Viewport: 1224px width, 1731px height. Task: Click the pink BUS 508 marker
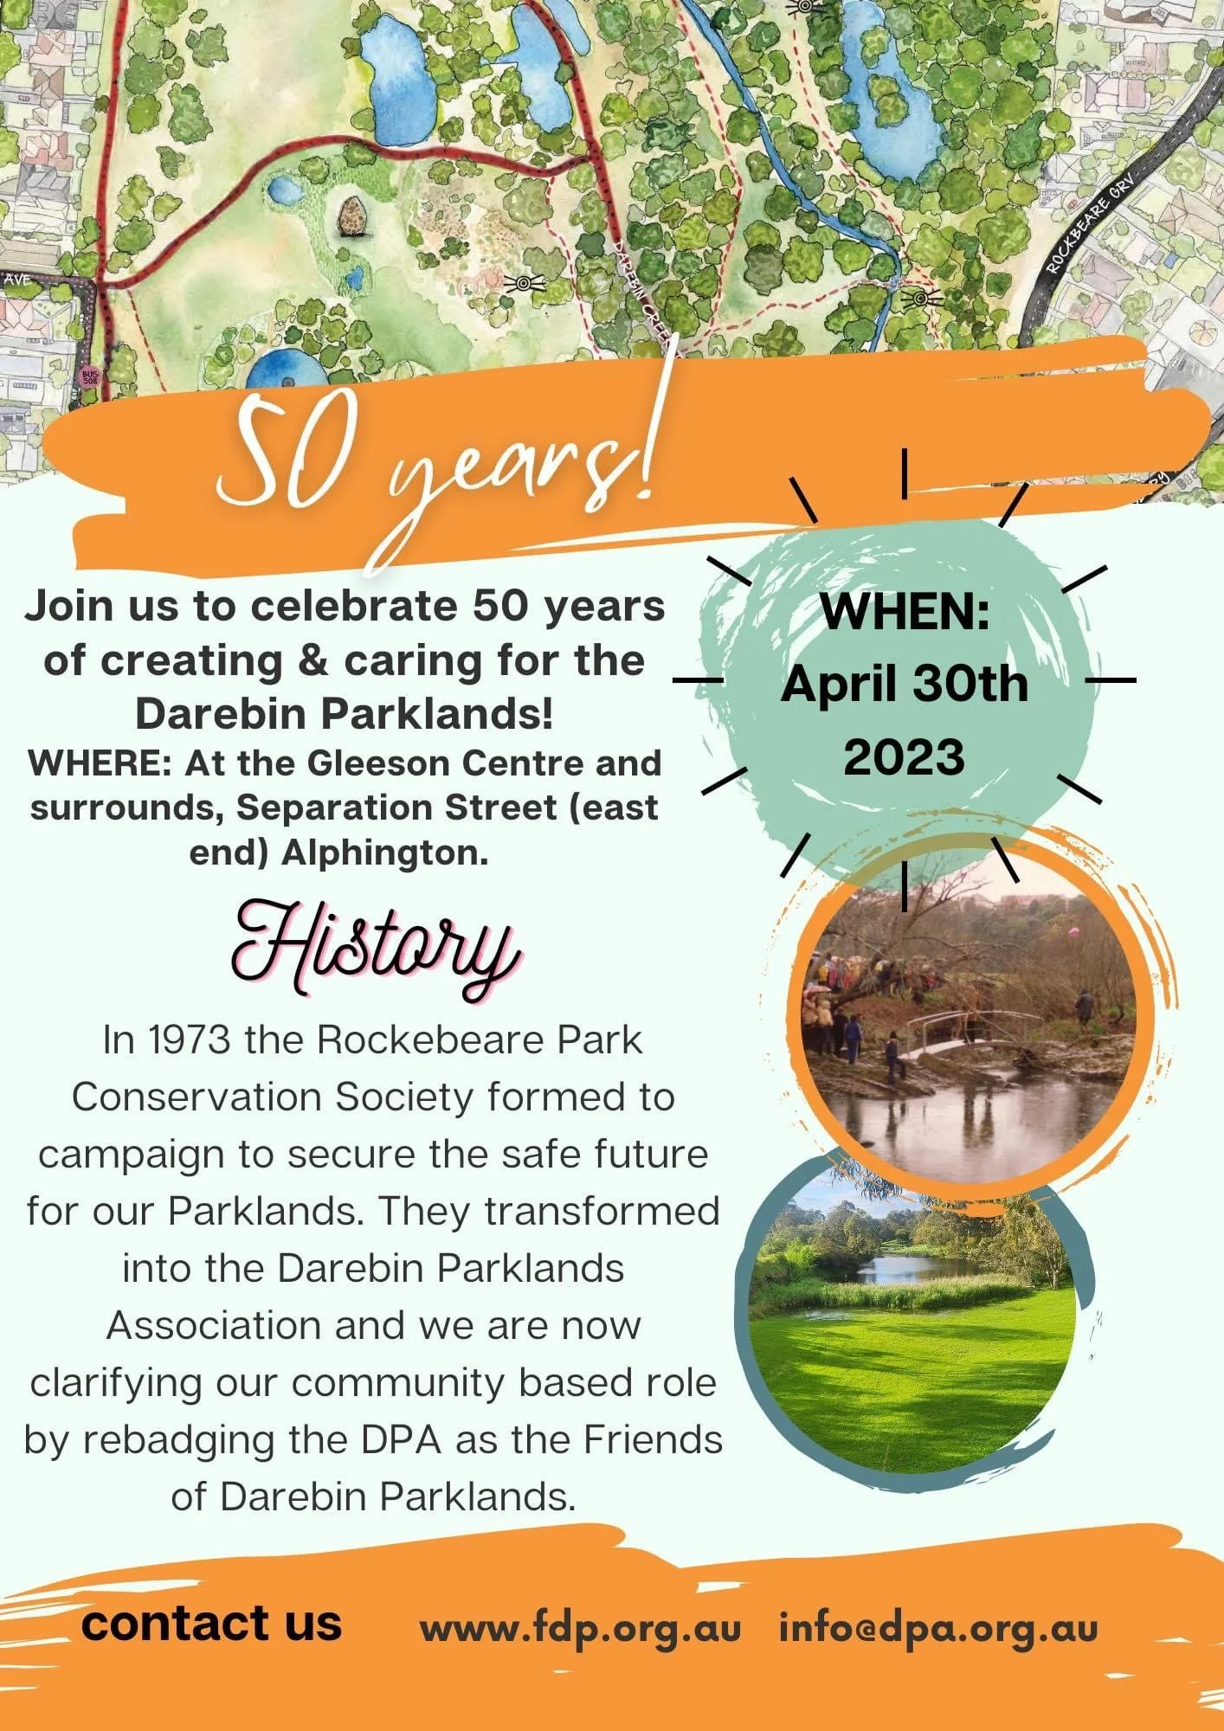coord(89,376)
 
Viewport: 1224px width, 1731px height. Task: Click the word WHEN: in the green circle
coord(905,612)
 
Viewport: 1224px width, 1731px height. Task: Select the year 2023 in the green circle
coord(904,757)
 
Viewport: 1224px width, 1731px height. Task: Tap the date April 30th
coord(905,684)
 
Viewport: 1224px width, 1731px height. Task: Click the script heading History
coord(377,949)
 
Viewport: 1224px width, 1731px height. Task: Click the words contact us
coord(212,1623)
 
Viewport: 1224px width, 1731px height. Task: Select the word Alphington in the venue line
coord(385,853)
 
